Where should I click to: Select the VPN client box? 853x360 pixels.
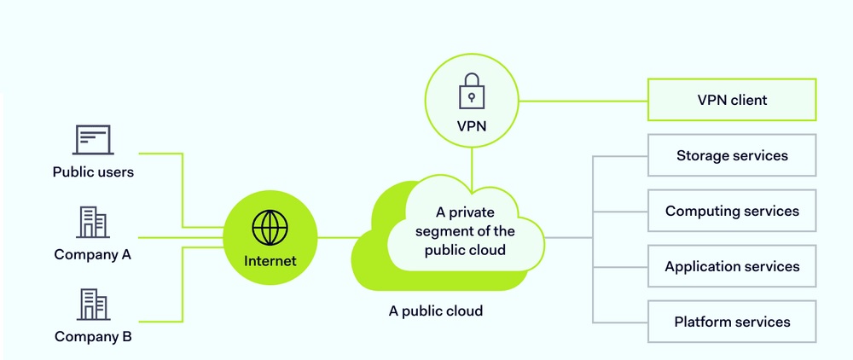coord(732,100)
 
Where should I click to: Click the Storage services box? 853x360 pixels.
coord(732,155)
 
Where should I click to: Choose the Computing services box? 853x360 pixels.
coord(732,211)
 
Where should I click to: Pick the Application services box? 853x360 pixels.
coord(732,266)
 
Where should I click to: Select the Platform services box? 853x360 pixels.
coord(732,322)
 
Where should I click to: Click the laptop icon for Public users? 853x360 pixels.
coord(93,139)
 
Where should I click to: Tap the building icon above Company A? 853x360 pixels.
coord(93,223)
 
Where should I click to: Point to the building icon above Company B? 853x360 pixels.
coord(93,304)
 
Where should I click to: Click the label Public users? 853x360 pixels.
coord(93,172)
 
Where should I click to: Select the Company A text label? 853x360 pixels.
coord(93,254)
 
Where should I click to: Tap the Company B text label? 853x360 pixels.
coord(93,336)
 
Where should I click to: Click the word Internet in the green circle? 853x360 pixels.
coord(270,261)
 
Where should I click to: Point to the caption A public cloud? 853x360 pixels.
coord(435,311)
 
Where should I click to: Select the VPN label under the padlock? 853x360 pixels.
coord(471,125)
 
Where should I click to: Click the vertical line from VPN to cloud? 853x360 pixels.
coord(471,166)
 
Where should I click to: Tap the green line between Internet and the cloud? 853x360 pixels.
coord(334,237)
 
